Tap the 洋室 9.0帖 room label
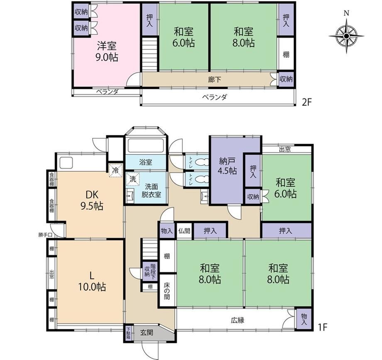[107, 51]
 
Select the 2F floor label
[307, 102]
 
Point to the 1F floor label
[322, 327]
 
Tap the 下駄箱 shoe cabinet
[128, 333]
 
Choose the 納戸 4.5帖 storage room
[227, 171]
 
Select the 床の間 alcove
[167, 291]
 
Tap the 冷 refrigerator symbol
[115, 170]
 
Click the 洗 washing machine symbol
[133, 179]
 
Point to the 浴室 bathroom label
[146, 162]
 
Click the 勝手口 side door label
[45, 235]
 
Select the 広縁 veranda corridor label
[238, 320]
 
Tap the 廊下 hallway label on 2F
[214, 79]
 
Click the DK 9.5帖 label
[92, 201]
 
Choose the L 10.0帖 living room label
[92, 282]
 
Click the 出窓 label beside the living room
[51, 274]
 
